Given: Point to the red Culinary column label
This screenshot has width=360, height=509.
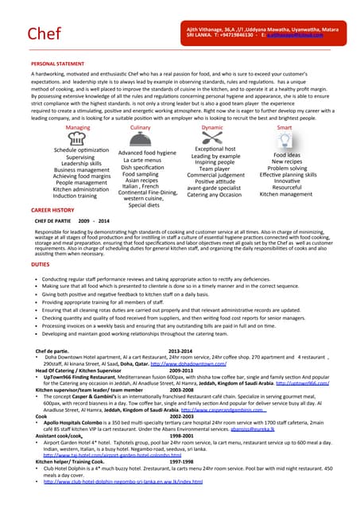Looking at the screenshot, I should pos(140,127).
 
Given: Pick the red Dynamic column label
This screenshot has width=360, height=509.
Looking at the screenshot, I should pos(212,127).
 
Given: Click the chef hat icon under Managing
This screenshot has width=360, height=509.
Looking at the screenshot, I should pos(77,138).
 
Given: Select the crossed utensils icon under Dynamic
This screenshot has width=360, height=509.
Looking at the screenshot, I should pos(213,138).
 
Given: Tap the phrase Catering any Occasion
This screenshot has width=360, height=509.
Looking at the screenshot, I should pos(214,195).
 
